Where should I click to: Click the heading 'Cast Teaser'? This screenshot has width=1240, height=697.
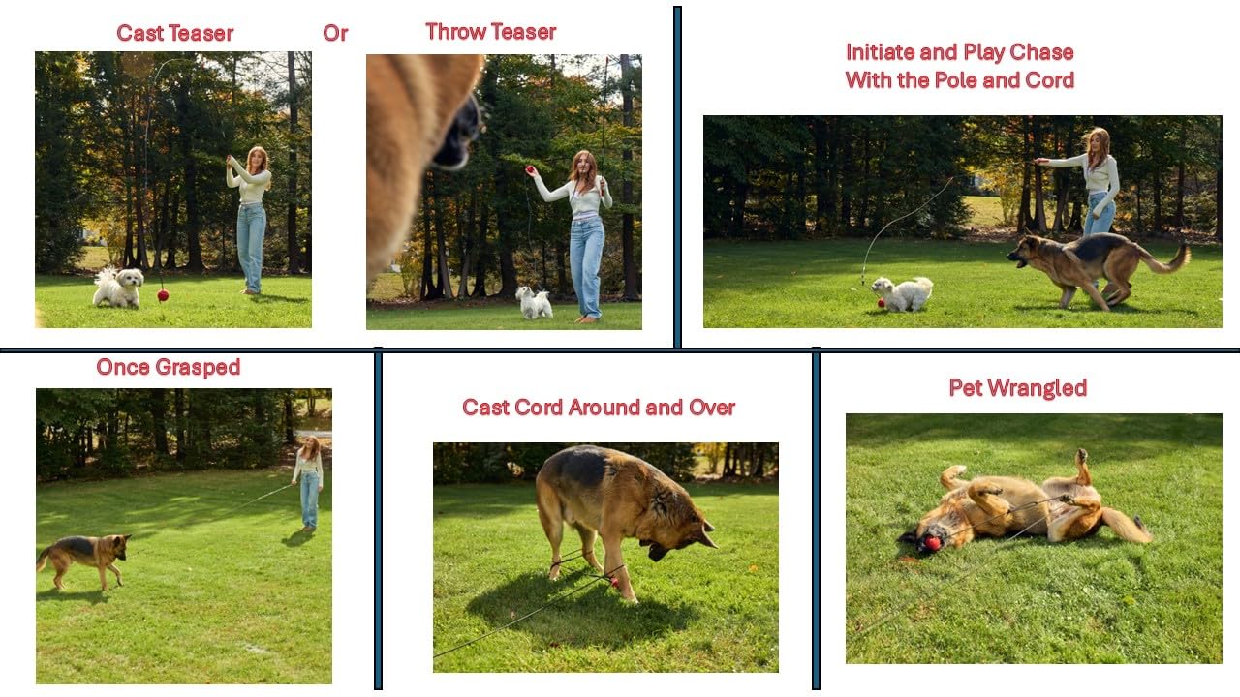click(x=174, y=33)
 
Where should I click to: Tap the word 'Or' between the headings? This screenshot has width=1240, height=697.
click(x=335, y=33)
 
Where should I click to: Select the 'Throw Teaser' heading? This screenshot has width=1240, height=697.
click(x=490, y=32)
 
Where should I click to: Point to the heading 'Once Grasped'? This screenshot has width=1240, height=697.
click(x=168, y=367)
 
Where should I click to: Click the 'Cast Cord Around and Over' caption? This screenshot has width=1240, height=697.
click(x=598, y=408)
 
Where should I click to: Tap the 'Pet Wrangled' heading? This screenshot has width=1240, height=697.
click(x=1017, y=388)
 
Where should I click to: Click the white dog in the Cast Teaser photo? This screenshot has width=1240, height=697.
click(x=118, y=287)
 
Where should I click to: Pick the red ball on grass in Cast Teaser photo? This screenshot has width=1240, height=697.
click(x=163, y=295)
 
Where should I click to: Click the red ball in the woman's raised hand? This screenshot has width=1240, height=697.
click(x=531, y=170)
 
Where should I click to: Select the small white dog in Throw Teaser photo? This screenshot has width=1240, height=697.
click(x=534, y=302)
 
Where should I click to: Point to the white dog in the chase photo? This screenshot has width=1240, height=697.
click(x=903, y=292)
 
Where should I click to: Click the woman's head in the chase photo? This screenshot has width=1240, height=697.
click(x=1099, y=141)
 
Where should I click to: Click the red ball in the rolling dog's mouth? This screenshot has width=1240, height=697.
click(x=932, y=543)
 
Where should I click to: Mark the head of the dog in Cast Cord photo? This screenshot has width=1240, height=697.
click(x=683, y=532)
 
